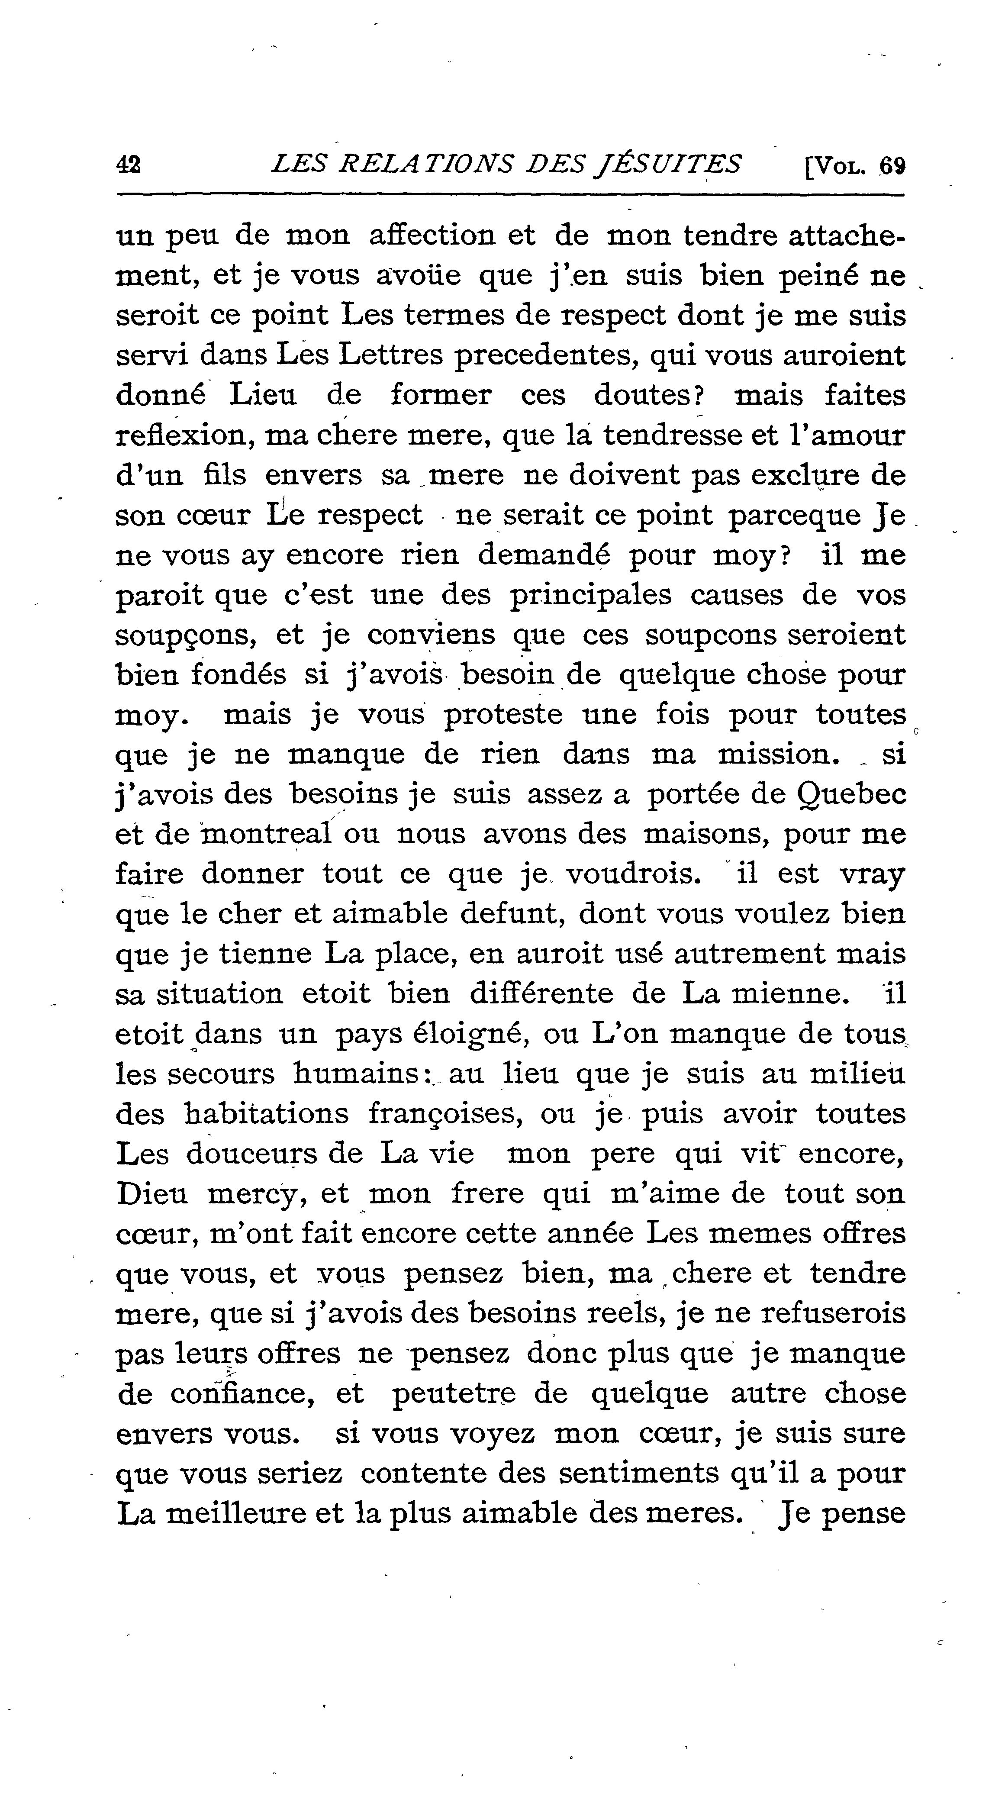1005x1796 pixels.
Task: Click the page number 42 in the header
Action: (129, 165)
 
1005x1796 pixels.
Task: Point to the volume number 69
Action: (892, 166)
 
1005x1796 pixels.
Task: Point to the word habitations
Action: (266, 1113)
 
